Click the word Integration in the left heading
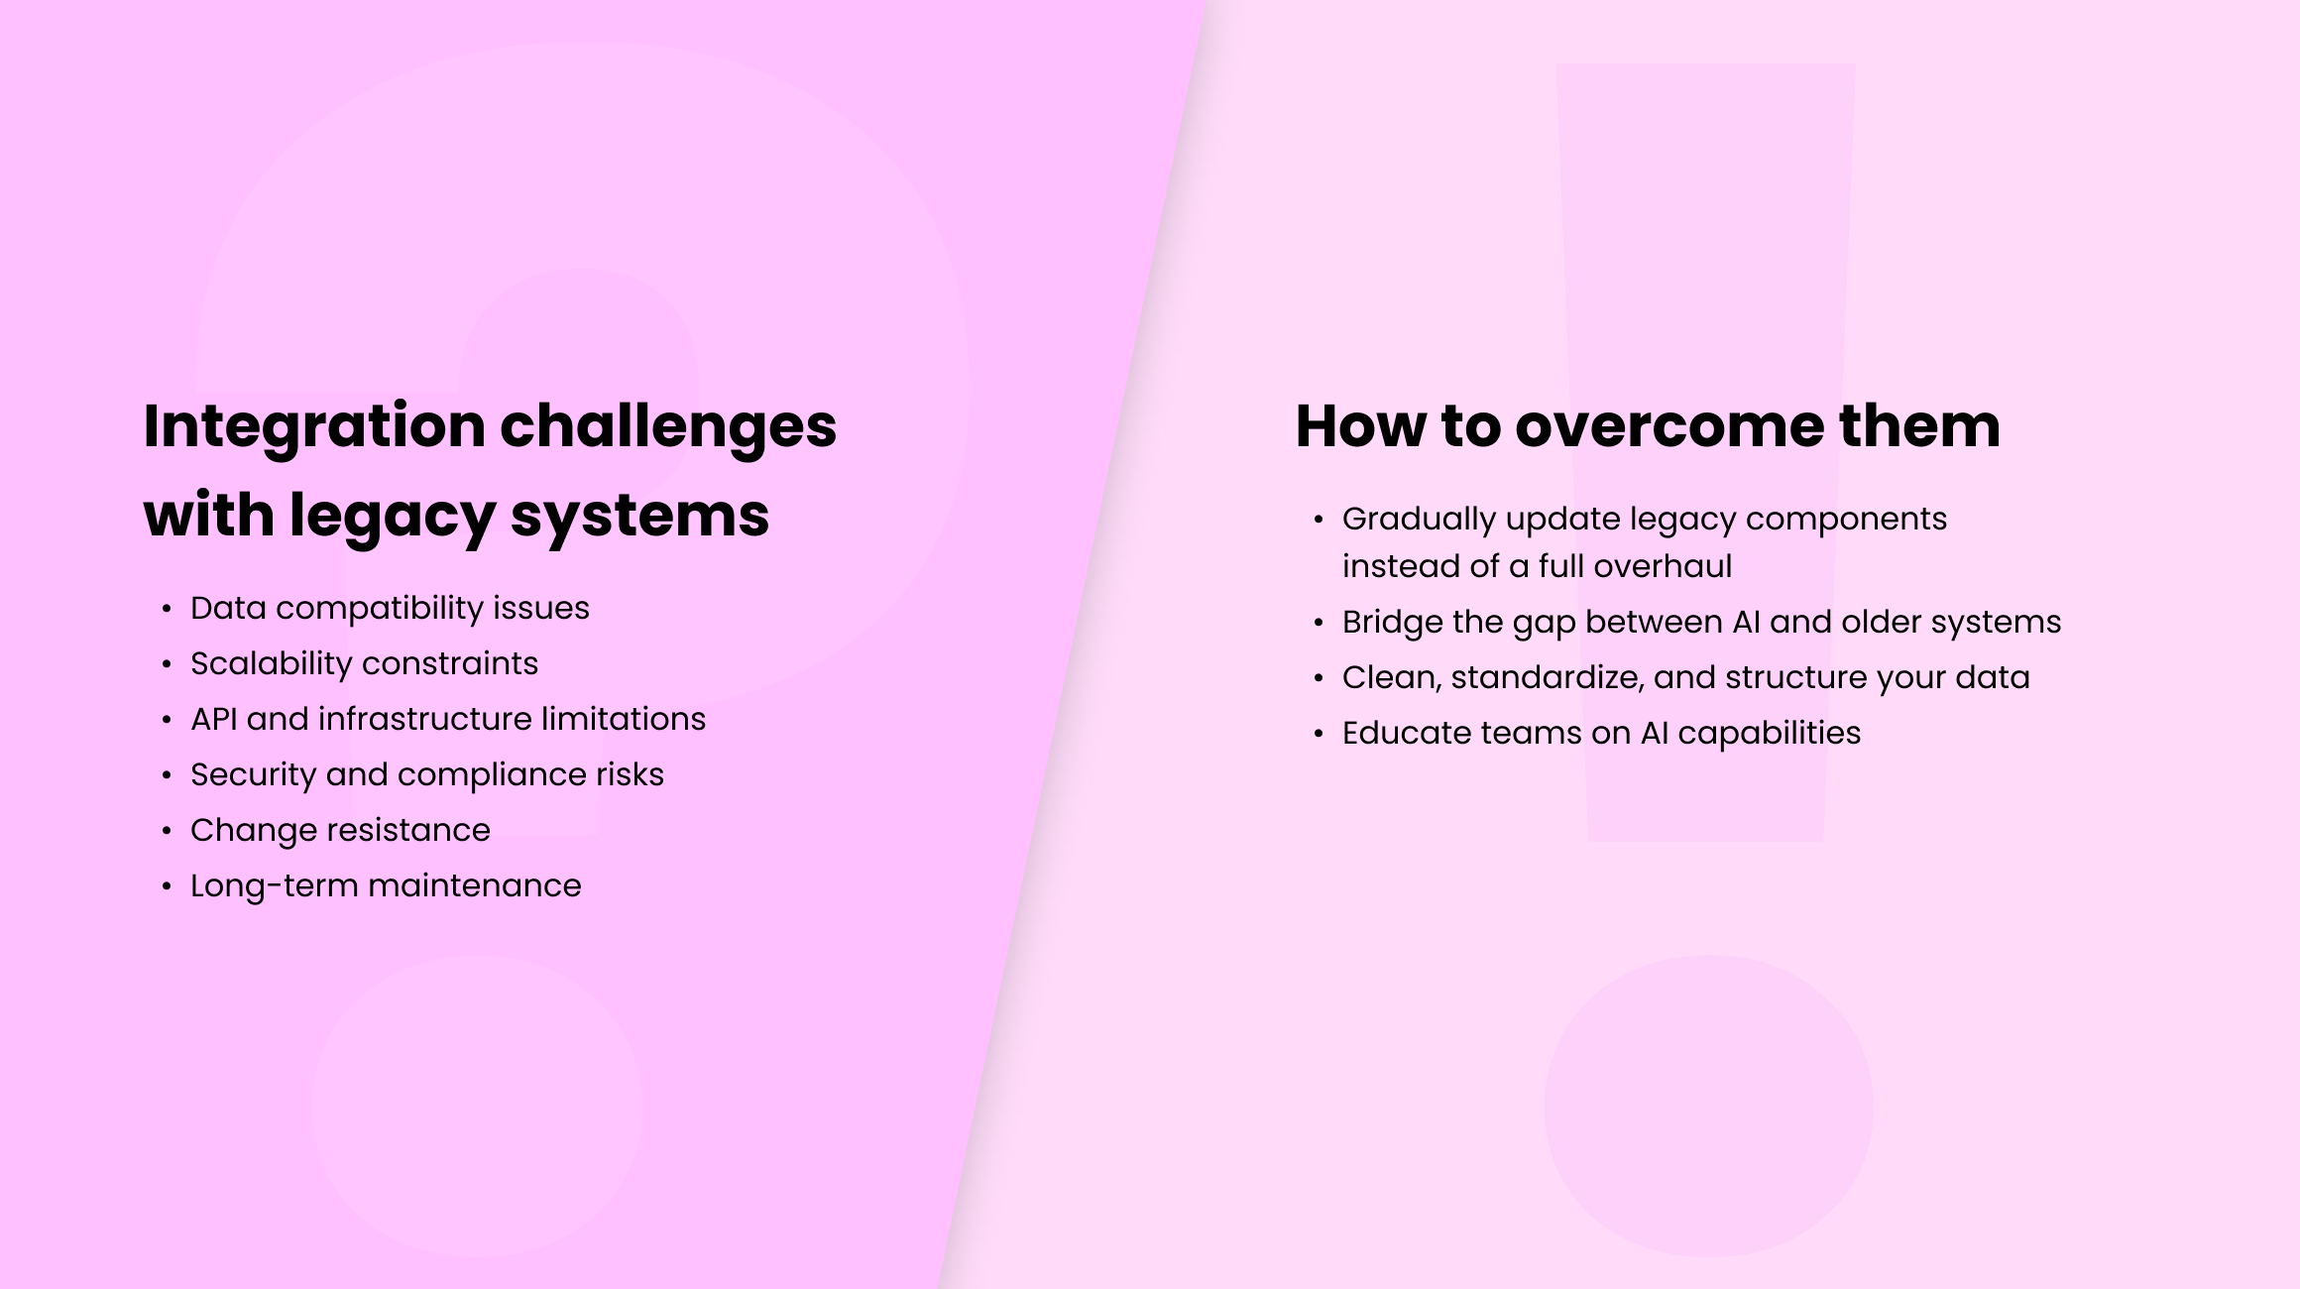pos(314,427)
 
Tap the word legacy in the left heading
pos(392,517)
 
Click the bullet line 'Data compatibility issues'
pos(390,608)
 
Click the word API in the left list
pos(213,719)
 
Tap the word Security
pos(253,774)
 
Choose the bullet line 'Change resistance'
pos(340,830)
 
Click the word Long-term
pos(275,885)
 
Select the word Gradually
pos(1419,519)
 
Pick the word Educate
pos(1405,733)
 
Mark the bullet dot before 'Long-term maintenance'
pos(167,886)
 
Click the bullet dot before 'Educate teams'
pos(1319,734)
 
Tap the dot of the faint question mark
pos(477,1106)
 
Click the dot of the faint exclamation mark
pos(1708,1106)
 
